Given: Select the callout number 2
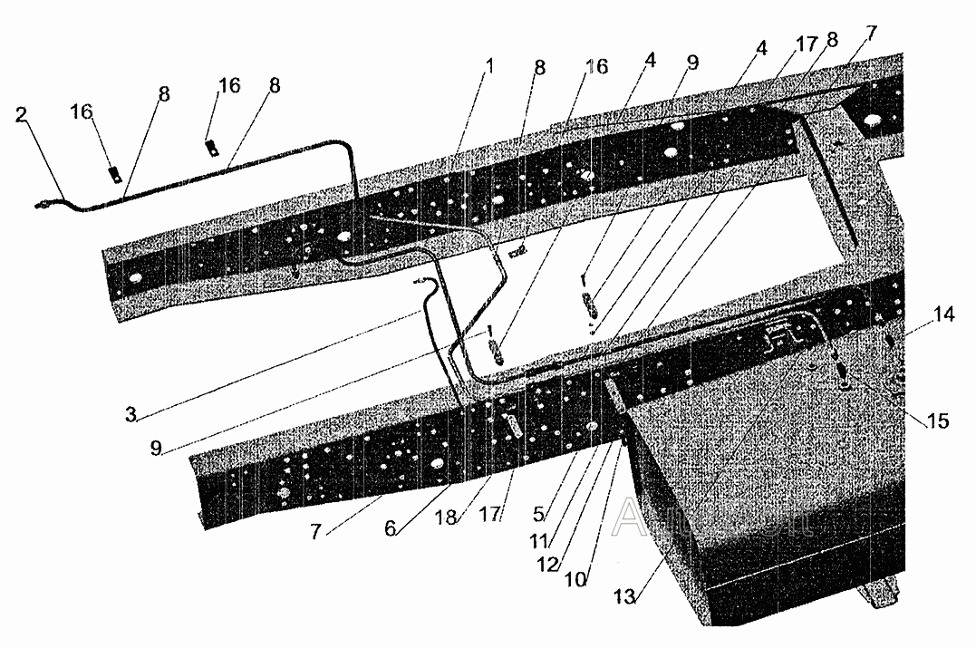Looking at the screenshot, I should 22,115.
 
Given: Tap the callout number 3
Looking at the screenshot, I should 131,414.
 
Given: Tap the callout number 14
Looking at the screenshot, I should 943,314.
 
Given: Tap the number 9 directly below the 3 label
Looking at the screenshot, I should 157,447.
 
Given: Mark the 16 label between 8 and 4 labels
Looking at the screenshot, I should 596,67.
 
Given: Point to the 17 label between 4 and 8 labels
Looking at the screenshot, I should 806,43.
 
